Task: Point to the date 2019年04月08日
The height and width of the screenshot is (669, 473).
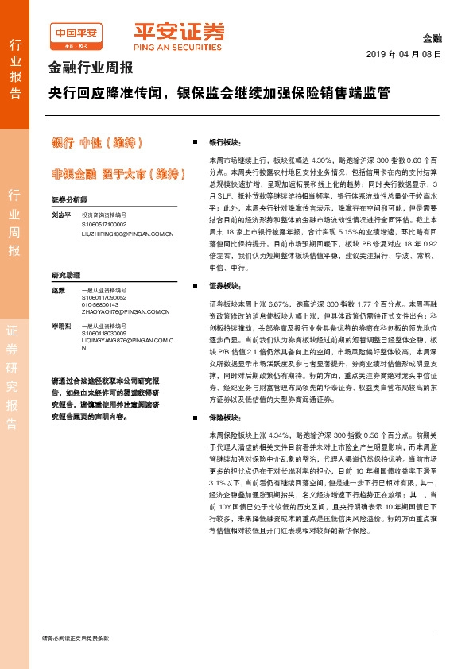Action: [404, 54]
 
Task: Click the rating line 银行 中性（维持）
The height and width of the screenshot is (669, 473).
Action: [96, 143]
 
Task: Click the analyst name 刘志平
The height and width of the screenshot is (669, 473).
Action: [61, 215]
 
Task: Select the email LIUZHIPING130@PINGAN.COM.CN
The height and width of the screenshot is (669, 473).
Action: [126, 234]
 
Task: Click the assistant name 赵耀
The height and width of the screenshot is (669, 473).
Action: [57, 291]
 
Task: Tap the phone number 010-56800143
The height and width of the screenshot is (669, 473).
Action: [99, 304]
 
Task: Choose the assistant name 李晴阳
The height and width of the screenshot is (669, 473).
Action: [61, 326]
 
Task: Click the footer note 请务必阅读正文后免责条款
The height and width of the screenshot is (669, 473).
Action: [76, 638]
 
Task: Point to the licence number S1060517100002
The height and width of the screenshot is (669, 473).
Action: [106, 225]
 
